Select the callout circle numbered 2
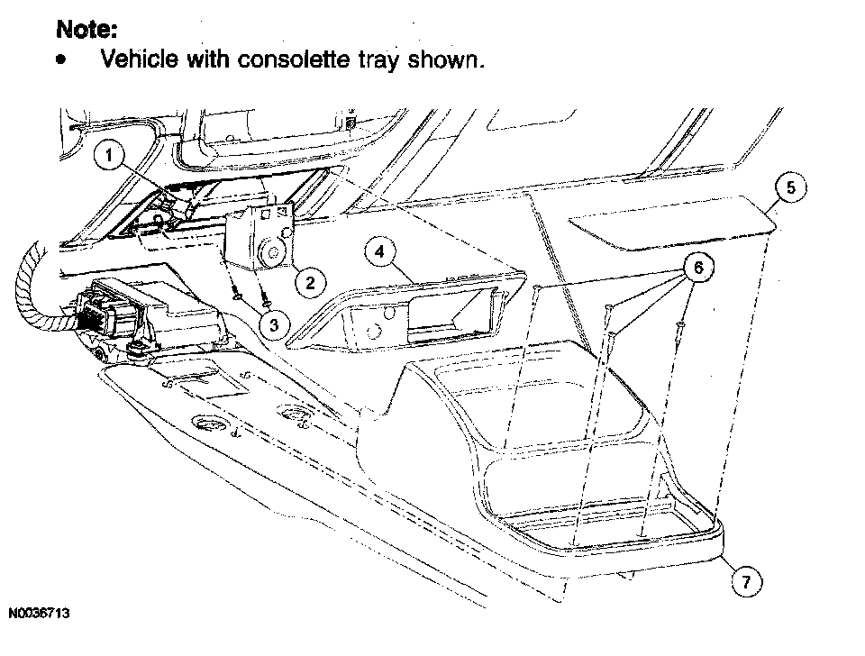[309, 283]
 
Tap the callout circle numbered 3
[270, 323]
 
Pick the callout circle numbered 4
[380, 253]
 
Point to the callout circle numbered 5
[790, 188]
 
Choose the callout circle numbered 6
[696, 268]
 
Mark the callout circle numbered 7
[745, 583]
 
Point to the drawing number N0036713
[41, 614]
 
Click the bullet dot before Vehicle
[60, 60]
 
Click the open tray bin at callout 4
[410, 311]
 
